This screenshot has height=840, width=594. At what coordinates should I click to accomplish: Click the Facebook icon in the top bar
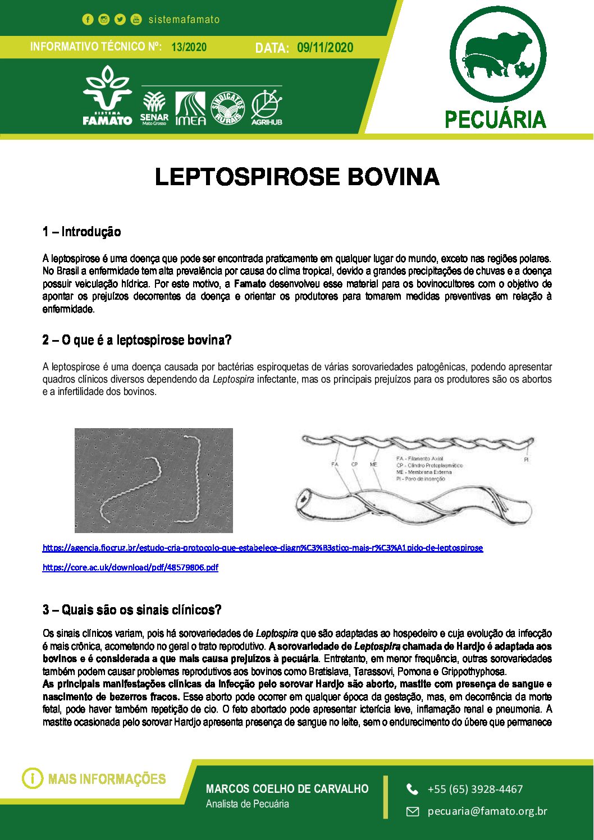(x=88, y=20)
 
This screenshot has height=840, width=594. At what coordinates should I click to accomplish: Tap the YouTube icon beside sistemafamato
(x=136, y=20)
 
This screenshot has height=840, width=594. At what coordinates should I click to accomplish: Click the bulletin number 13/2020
(x=189, y=47)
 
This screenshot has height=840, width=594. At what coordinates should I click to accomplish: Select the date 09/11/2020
(x=325, y=48)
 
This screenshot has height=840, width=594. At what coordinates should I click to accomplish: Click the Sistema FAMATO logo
(x=107, y=96)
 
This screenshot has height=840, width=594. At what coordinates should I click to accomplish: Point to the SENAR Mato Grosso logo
(x=154, y=107)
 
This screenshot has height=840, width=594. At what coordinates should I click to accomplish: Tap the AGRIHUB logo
(x=266, y=107)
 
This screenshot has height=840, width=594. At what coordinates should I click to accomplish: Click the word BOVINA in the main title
(x=393, y=177)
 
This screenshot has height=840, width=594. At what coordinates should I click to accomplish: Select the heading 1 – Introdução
(x=81, y=232)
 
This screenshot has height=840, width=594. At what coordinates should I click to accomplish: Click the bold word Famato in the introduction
(x=250, y=284)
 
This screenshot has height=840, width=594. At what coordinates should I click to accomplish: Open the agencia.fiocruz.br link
(x=262, y=548)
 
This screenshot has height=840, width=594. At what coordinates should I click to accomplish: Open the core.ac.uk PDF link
(x=130, y=567)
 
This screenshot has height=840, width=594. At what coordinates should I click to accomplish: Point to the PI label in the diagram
(x=526, y=460)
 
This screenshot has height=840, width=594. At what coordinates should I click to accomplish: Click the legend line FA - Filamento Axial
(x=419, y=458)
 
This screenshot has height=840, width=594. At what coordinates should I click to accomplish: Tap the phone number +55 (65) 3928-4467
(x=475, y=789)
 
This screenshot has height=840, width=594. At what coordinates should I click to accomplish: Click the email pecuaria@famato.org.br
(x=487, y=811)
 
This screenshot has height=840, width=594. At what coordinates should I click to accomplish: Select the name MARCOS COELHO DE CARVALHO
(x=287, y=788)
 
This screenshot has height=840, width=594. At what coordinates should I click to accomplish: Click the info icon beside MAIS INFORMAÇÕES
(x=33, y=778)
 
